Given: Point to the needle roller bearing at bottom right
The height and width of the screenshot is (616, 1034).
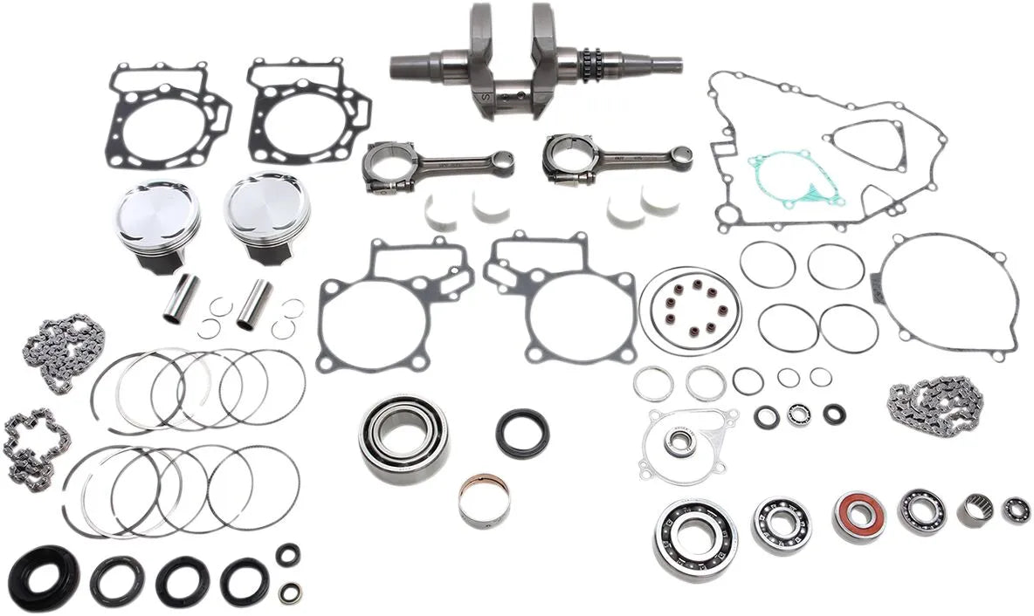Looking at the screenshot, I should click(975, 509).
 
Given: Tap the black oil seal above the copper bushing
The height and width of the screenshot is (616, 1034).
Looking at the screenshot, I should click(522, 433).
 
